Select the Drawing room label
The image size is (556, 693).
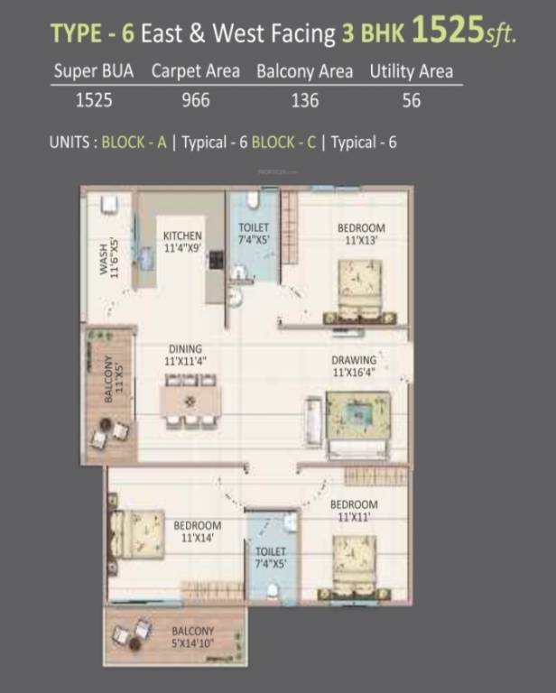[x=353, y=365]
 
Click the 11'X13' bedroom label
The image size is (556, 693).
[x=361, y=234]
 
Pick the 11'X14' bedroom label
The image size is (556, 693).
[x=198, y=531]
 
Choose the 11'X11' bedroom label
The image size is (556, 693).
[x=353, y=510]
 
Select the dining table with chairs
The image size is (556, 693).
[x=190, y=401]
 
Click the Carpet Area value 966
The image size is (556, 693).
[x=196, y=100]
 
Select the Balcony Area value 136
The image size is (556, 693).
[x=305, y=100]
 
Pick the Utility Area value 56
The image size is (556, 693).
[x=411, y=100]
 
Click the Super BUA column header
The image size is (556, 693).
[x=95, y=70]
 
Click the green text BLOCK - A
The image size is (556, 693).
[x=134, y=142]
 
